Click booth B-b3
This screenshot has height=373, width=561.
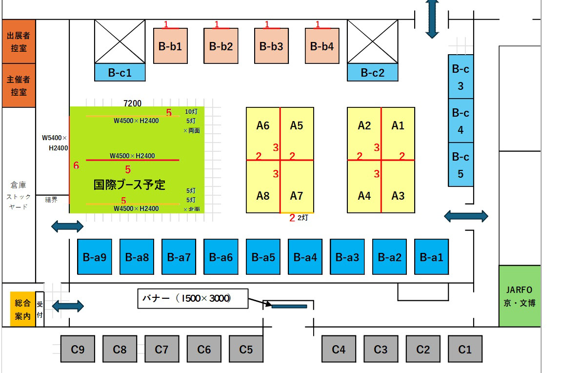pos(271,46)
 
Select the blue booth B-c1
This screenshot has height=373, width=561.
pos(120,73)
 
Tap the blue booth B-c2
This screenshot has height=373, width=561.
pos(373,73)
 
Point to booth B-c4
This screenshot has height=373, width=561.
pos(461,121)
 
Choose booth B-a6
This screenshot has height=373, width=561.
pos(221,257)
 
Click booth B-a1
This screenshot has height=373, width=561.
pos(432,257)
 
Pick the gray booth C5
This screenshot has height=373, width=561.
pos(246,349)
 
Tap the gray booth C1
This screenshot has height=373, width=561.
pos(465,349)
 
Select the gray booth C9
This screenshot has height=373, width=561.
pos(78,349)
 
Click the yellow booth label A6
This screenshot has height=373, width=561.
pos(263,126)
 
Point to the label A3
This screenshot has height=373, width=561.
pos(398,196)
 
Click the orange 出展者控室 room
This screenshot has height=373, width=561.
pos(19,42)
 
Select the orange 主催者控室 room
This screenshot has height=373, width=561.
pos(19,85)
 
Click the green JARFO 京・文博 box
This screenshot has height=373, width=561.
pos(520,296)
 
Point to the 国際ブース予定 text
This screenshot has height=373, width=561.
pos(129,185)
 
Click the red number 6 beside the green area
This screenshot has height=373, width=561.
pos(76,166)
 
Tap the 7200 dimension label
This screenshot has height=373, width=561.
pos(133,103)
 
